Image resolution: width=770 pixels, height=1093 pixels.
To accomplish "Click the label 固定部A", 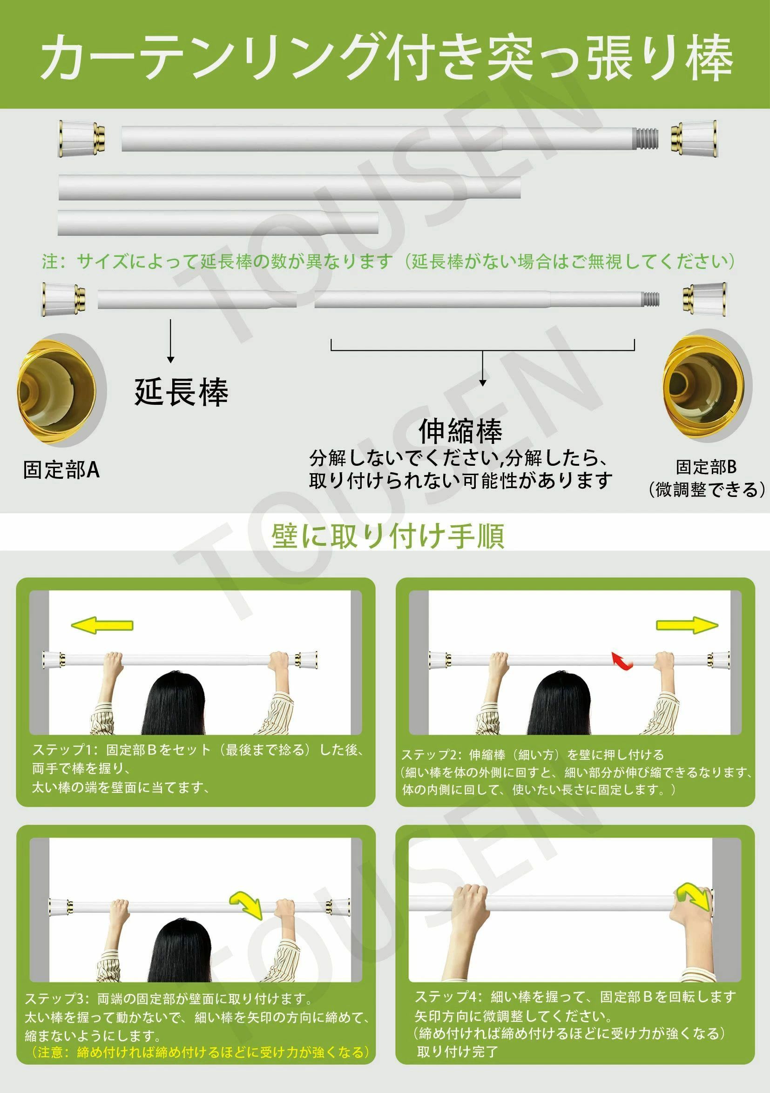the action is coord(61,470).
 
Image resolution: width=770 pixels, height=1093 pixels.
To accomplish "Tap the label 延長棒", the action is coord(182,392).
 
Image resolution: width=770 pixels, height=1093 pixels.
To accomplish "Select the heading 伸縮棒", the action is coord(460,431).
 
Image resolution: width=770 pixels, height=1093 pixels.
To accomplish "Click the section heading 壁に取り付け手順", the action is coord(388,536).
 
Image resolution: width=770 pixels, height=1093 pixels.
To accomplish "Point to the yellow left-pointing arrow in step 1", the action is coord(102,625).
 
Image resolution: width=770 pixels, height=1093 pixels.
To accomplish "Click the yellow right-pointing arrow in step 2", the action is coord(687,625).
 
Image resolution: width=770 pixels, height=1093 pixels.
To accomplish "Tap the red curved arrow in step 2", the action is coord(622,662).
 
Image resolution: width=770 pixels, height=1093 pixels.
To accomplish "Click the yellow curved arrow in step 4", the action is coord(693,896).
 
